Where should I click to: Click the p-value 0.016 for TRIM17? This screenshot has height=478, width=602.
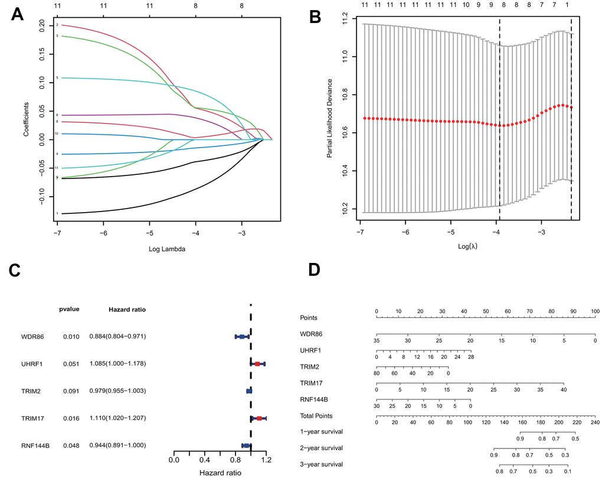(71, 418)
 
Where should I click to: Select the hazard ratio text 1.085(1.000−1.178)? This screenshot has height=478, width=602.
(117, 363)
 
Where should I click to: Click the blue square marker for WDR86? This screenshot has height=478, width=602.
(242, 336)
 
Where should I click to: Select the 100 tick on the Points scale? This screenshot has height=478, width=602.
(595, 311)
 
